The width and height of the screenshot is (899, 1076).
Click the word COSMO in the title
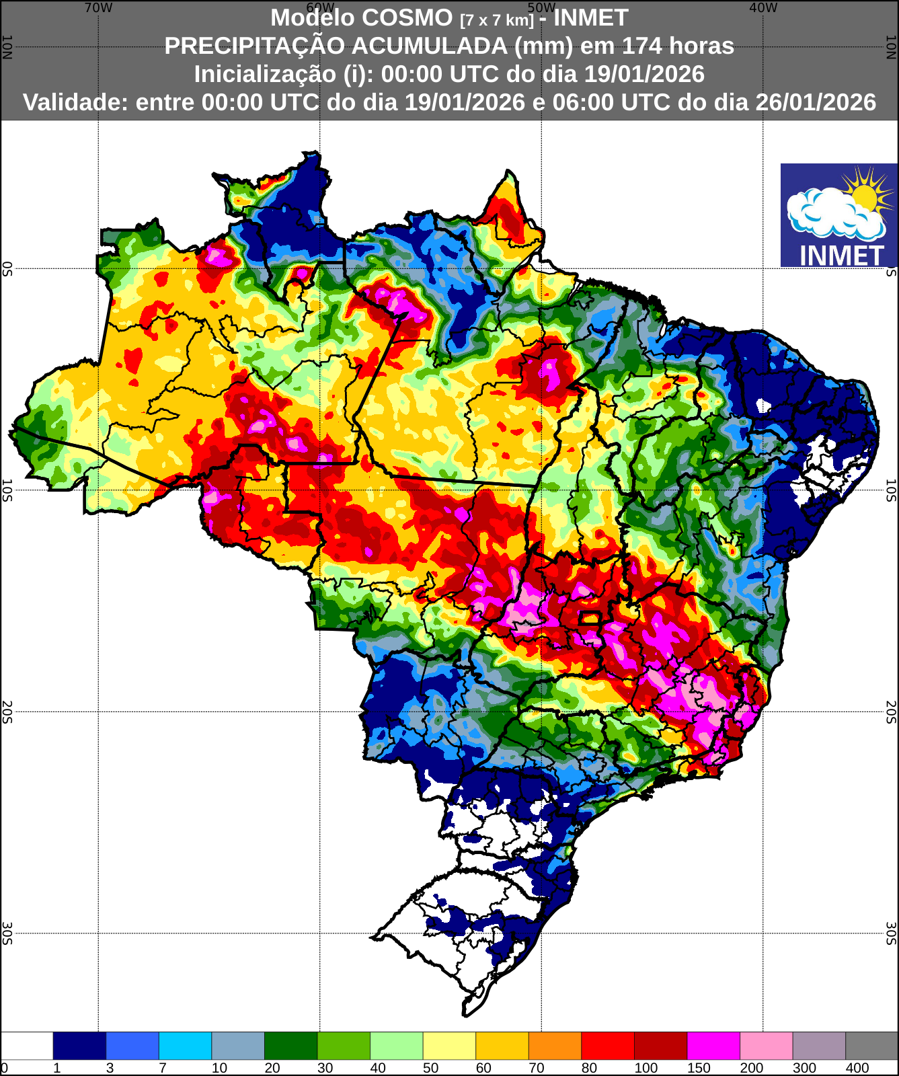[407, 17]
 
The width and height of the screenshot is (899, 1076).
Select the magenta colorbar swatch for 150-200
[713, 1046]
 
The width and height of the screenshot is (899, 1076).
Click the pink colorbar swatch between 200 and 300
[766, 1046]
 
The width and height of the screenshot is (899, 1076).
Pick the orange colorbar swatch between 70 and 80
[555, 1046]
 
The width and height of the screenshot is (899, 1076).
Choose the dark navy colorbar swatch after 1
[79, 1046]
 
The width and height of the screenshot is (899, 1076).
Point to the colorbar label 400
[857, 1068]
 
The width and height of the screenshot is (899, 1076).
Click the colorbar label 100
[646, 1068]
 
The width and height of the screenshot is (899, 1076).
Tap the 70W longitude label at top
[98, 8]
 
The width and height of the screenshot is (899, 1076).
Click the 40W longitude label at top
[763, 8]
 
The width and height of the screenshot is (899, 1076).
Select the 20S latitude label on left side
[7, 712]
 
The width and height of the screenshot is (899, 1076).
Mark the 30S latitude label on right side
[892, 933]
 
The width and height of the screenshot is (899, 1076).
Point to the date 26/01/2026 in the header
[816, 102]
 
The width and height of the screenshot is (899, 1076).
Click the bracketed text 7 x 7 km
[497, 20]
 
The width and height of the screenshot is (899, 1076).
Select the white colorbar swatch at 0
[27, 1046]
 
